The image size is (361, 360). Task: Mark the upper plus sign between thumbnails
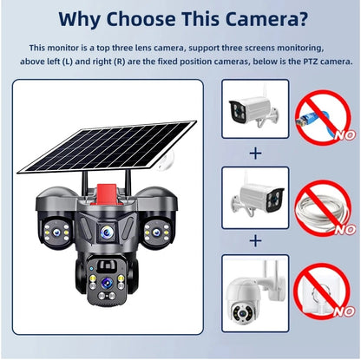coord(254,154)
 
